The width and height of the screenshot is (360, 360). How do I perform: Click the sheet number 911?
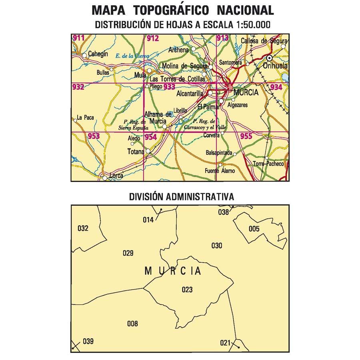[x=79, y=38]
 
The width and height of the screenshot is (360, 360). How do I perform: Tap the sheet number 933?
[x=169, y=87]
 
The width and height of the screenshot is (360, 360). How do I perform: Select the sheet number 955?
[x=246, y=136]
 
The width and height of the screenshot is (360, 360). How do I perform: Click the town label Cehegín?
[x=98, y=55]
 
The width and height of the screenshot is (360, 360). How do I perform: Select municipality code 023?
[x=187, y=290]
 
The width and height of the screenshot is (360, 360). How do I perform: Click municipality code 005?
[x=254, y=229]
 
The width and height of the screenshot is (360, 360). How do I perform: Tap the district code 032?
[x=82, y=228]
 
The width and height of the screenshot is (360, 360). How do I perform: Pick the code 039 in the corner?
[x=88, y=341]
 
